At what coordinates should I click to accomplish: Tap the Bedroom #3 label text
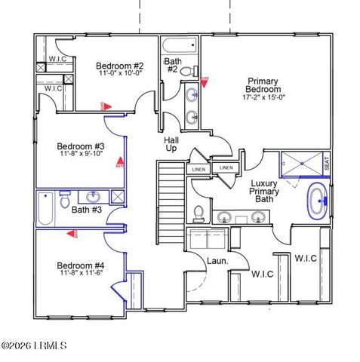81,146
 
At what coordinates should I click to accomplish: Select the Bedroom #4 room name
81,265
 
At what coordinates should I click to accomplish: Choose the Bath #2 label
171,65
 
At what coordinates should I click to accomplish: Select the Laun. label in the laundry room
217,262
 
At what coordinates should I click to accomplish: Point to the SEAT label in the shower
326,162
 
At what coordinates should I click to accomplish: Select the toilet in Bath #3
66,201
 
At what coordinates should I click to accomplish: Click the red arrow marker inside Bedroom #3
118,161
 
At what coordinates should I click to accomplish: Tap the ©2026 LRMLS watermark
34,346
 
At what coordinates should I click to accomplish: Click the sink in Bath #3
94,197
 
